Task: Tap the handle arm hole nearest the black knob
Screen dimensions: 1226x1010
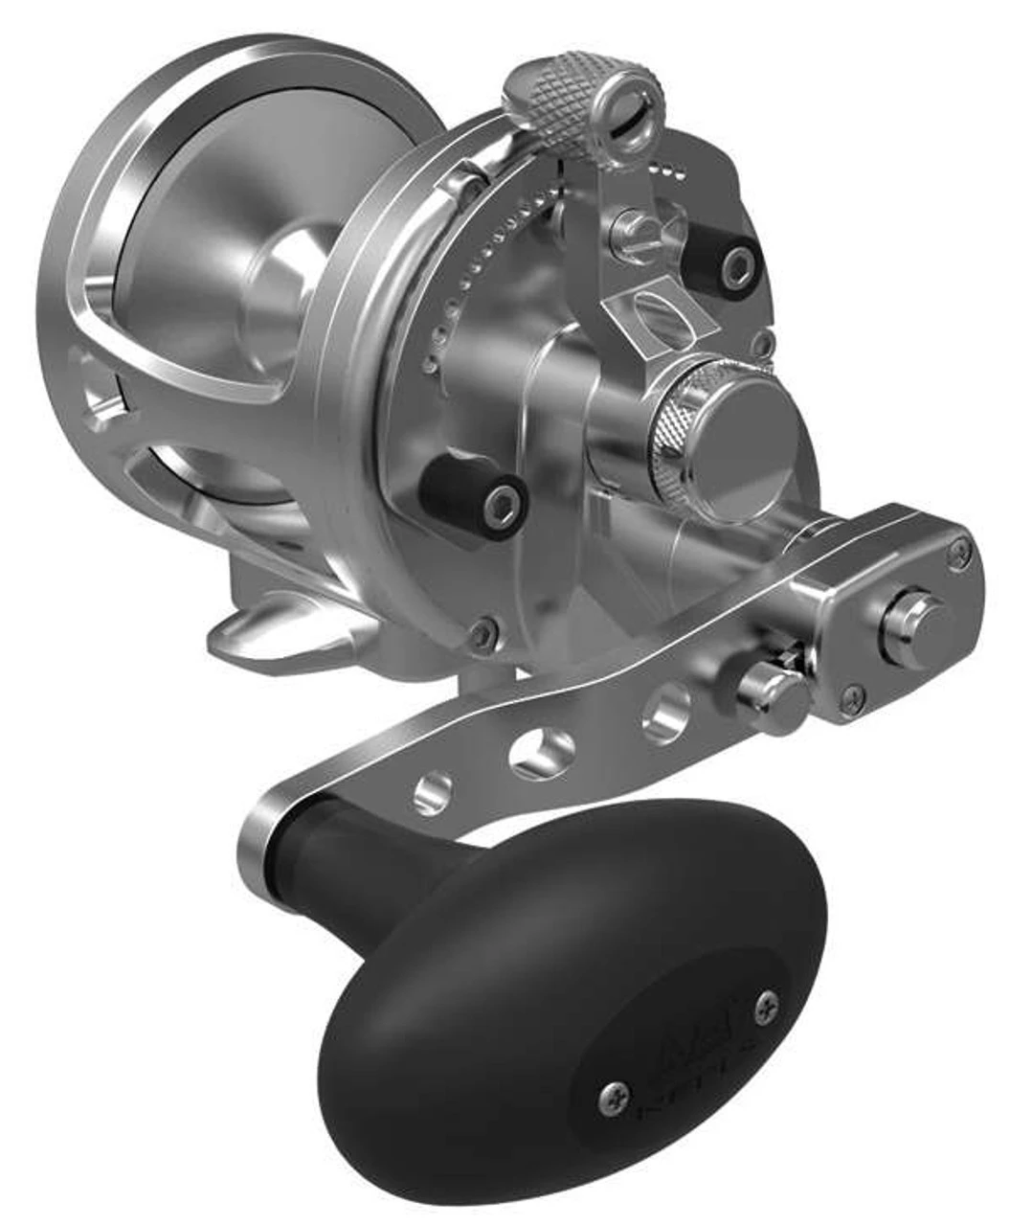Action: tap(432, 789)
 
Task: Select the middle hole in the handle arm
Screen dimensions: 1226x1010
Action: tap(540, 751)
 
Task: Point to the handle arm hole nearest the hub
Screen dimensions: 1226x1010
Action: tap(666, 714)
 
